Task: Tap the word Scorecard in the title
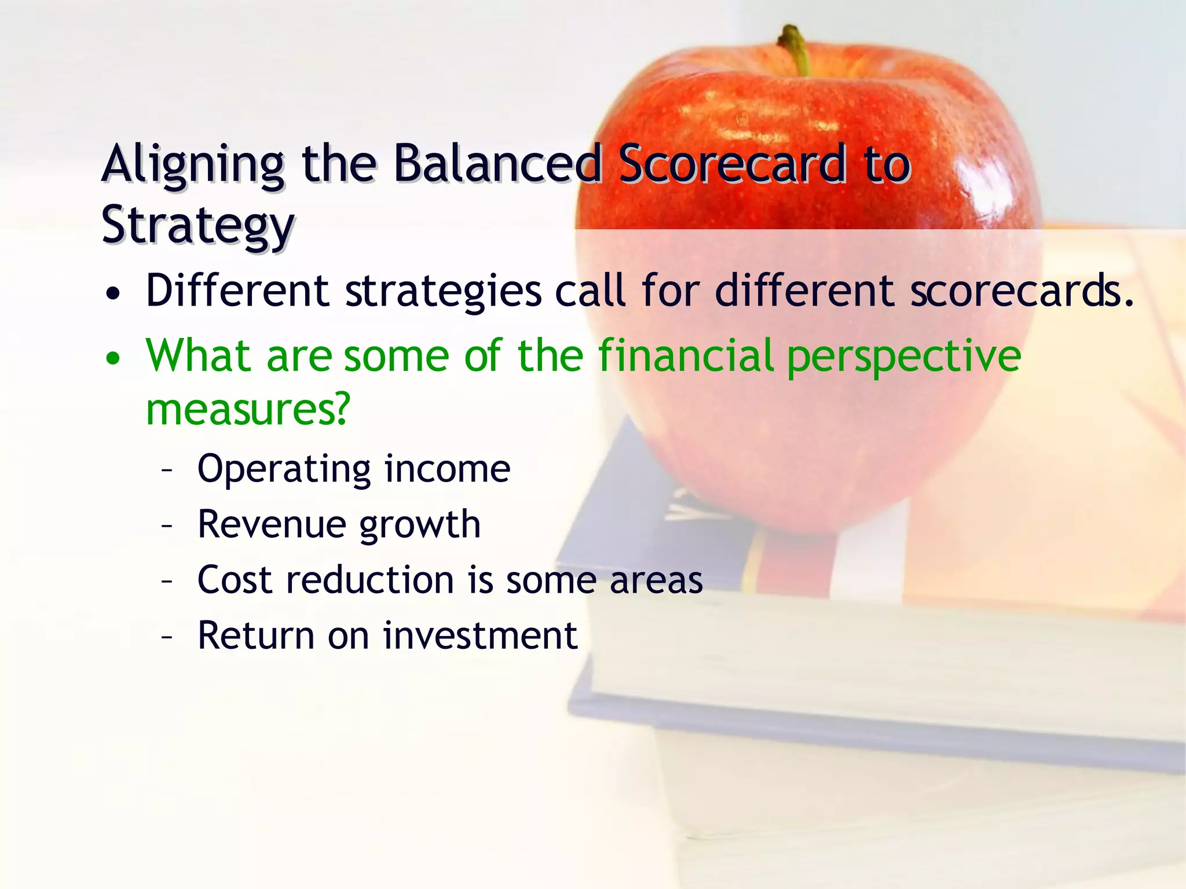click(x=731, y=164)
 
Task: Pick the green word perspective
click(x=903, y=358)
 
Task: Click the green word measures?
click(x=248, y=409)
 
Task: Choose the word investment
click(x=480, y=635)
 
